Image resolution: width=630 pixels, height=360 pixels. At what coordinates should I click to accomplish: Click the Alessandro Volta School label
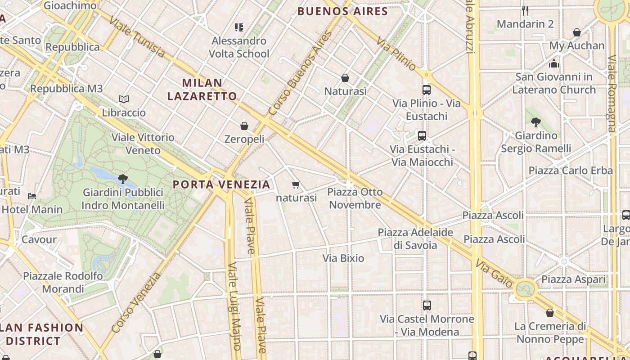(x=239, y=47)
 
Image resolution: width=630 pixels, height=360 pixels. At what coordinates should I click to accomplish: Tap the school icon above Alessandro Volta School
(x=239, y=27)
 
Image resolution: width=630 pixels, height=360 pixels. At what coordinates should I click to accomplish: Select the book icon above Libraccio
(x=124, y=99)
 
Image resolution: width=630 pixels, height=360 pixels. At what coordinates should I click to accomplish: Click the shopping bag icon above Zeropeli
(x=244, y=126)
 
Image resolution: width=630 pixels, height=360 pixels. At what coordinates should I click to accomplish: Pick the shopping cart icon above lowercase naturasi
(x=296, y=184)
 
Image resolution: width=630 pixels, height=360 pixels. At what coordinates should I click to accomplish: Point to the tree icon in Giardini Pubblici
(x=122, y=179)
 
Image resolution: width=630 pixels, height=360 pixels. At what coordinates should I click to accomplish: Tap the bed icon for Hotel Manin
(x=32, y=196)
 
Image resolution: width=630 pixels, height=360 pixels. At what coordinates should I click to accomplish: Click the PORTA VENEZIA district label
(x=222, y=184)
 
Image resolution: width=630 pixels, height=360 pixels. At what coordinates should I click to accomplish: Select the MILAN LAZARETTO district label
(x=202, y=89)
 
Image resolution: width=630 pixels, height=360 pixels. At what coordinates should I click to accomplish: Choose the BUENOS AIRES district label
(x=343, y=11)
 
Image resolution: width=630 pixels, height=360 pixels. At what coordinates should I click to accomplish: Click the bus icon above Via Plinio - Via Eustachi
(x=427, y=90)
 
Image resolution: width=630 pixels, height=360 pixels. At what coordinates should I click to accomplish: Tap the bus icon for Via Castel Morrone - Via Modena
(x=427, y=306)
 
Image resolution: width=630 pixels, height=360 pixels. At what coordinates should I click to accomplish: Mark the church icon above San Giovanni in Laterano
(x=554, y=63)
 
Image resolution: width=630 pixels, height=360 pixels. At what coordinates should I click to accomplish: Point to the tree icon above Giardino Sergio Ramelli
(x=535, y=122)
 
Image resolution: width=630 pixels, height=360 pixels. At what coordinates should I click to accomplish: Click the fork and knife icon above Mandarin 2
(x=525, y=10)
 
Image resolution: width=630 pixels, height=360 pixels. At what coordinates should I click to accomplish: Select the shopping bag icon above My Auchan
(x=577, y=32)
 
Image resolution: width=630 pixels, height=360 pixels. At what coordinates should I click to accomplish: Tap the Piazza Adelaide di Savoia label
(x=415, y=238)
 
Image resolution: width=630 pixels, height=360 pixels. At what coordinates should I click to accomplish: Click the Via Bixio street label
(x=343, y=258)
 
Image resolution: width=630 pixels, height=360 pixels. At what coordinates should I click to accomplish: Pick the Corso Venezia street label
(x=135, y=303)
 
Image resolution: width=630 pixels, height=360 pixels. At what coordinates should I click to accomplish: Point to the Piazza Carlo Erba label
(x=571, y=171)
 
